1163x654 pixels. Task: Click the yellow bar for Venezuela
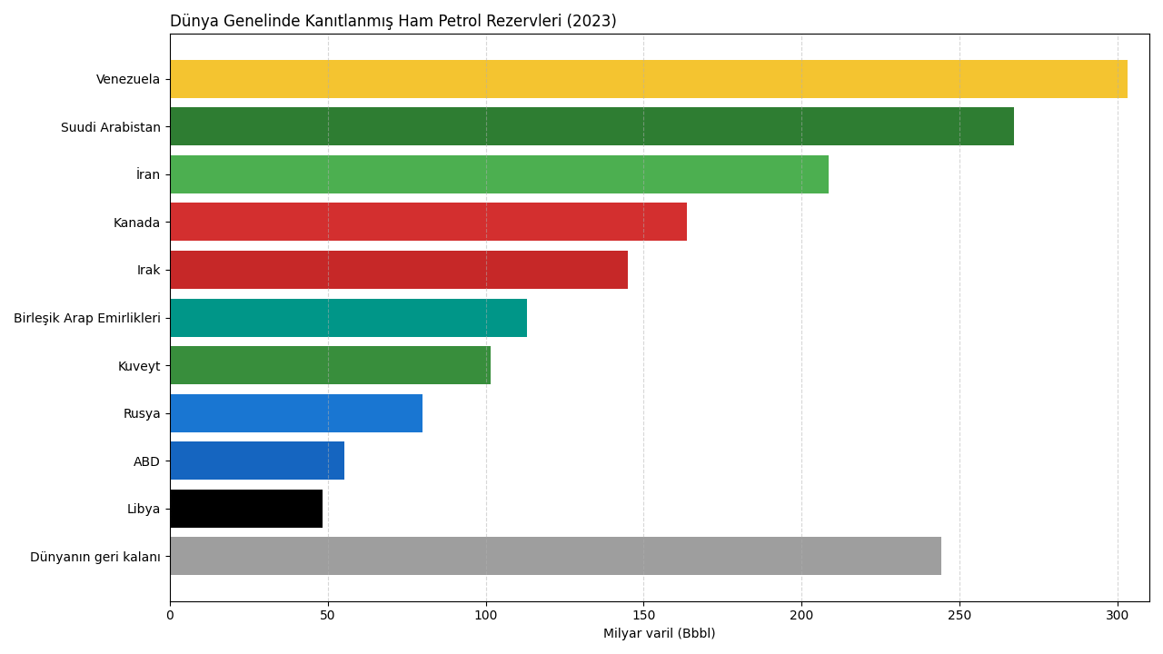pos(648,79)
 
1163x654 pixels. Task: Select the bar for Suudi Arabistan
pos(591,126)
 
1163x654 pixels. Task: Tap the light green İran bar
pos(499,174)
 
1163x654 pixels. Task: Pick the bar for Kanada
pos(428,222)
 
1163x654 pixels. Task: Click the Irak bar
pos(398,270)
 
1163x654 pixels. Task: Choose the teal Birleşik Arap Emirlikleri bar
pos(348,318)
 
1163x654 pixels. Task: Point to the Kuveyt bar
pos(330,365)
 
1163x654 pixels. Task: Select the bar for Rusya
pos(295,413)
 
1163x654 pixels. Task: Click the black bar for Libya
pos(245,509)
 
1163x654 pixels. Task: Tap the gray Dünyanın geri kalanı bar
pos(555,556)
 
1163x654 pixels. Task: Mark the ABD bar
pos(256,461)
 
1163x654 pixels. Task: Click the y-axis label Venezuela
pos(128,80)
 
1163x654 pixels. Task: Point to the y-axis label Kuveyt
pos(139,366)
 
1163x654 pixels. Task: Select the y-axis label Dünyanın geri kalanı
pos(95,557)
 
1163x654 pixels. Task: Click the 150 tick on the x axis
pos(643,615)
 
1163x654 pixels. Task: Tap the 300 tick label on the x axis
pos(1118,615)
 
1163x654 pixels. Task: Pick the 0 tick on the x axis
pos(170,615)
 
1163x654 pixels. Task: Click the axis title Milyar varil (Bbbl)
pos(659,634)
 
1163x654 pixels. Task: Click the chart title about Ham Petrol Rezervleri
pos(393,21)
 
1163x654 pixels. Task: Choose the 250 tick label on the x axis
pos(959,615)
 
